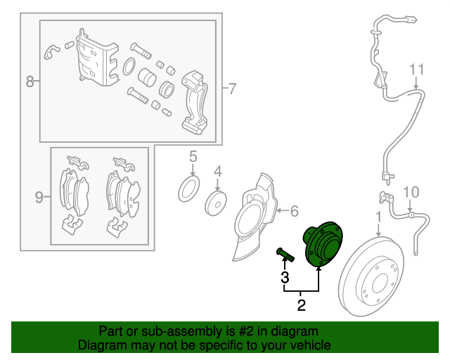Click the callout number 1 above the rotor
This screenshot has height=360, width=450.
[x=379, y=217]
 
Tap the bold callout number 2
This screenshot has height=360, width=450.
[x=302, y=305]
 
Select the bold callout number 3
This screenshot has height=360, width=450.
[x=285, y=277]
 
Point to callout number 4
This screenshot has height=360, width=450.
[x=218, y=172]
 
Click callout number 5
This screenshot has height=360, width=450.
[x=193, y=157]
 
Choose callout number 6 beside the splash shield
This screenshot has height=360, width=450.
[x=295, y=211]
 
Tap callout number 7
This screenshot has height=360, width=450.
[x=232, y=89]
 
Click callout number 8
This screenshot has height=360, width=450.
[x=30, y=82]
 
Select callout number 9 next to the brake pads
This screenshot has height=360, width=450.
[x=39, y=197]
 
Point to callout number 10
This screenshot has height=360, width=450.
[x=411, y=192]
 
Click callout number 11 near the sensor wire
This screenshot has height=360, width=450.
[x=416, y=70]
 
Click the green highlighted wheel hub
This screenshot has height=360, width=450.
[x=323, y=244]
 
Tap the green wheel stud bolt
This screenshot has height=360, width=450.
[x=285, y=255]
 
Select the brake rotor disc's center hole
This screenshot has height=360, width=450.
[x=380, y=283]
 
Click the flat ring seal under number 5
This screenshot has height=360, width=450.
[x=189, y=189]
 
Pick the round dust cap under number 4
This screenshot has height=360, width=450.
[x=216, y=203]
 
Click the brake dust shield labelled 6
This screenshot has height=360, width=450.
[x=255, y=217]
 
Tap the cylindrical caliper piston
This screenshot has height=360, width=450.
[x=147, y=77]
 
